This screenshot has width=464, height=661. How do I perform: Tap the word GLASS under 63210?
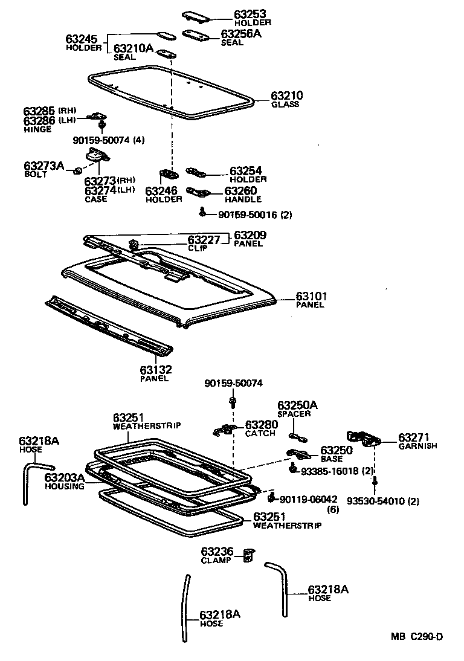(285, 105)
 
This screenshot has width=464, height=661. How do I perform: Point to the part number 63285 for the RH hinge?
(39, 111)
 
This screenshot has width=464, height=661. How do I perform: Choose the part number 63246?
(161, 191)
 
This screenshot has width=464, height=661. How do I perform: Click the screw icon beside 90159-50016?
(204, 213)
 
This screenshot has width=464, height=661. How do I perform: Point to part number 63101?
(311, 297)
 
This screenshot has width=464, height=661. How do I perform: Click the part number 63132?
(156, 370)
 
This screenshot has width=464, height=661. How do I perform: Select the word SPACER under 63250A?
(294, 414)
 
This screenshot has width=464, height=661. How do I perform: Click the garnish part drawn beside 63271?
(362, 438)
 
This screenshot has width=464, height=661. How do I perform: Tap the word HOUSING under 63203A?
(65, 486)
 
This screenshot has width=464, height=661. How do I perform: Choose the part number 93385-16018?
(330, 470)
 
